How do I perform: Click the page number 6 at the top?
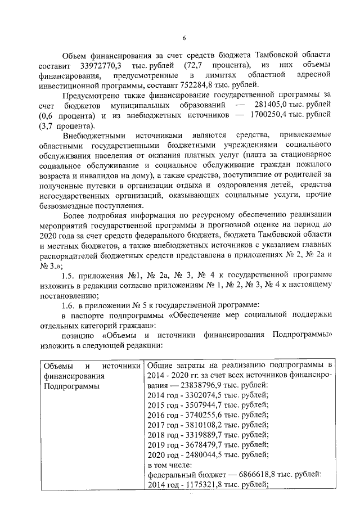click(x=184, y=38)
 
